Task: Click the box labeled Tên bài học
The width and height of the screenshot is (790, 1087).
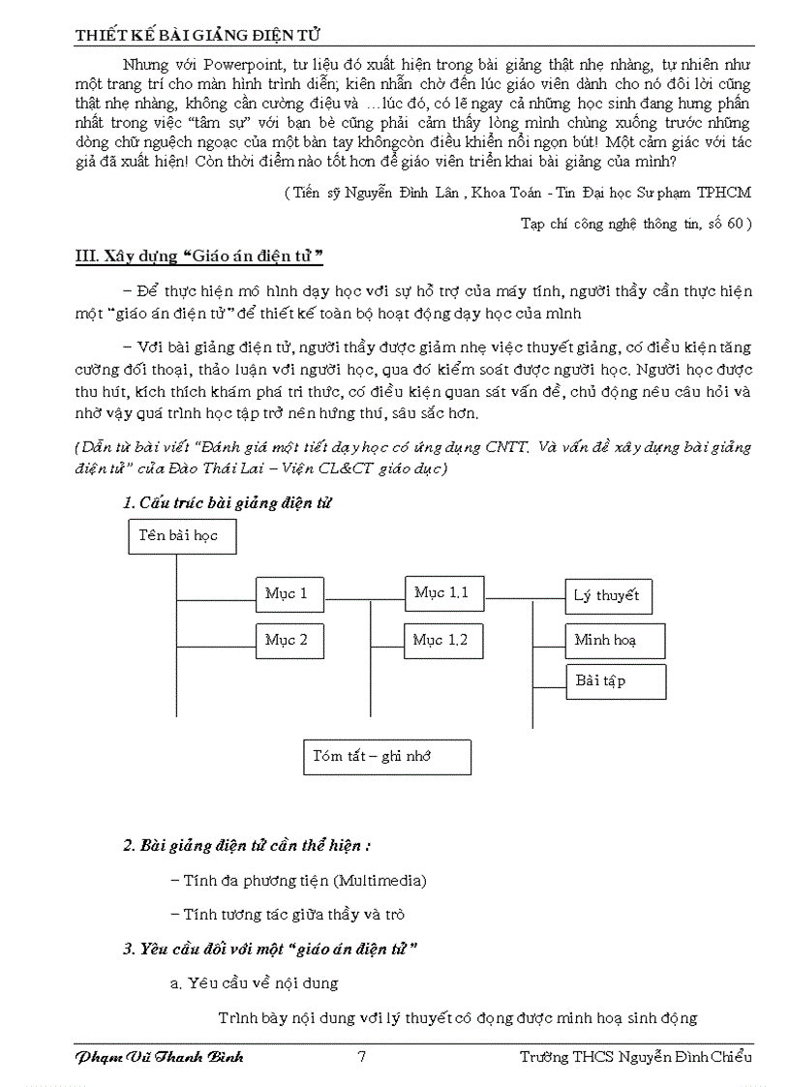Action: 182,536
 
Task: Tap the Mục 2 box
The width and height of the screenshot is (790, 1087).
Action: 289,641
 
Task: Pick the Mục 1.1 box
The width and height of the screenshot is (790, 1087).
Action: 441,593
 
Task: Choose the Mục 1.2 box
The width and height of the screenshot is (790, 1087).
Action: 441,641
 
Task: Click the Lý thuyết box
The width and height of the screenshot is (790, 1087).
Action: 608,596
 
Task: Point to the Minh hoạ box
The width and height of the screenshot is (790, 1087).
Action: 614,641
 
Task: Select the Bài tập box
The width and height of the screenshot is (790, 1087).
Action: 615,681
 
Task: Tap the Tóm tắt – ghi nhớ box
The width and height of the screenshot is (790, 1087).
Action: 387,757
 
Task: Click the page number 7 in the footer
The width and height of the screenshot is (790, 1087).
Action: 361,1056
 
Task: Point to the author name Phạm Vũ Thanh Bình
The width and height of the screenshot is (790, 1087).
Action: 159,1056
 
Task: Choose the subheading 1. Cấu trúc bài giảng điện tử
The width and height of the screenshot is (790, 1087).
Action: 228,503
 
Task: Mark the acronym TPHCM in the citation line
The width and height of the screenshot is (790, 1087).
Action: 727,193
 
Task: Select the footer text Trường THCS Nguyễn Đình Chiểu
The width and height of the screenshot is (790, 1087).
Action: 635,1056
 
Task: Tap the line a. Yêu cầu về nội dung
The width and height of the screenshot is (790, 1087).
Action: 254,983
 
